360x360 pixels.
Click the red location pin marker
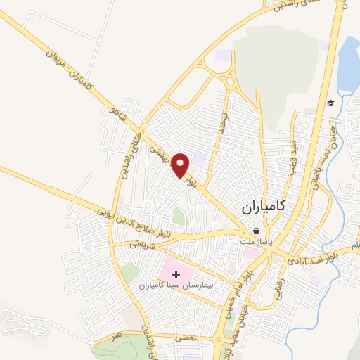coord(182,165)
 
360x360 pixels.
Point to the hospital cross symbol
coord(176,274)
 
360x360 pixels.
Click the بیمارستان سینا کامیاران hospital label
coord(176,286)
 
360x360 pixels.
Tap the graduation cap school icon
coord(330,104)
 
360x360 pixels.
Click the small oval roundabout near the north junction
coord(230,83)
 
